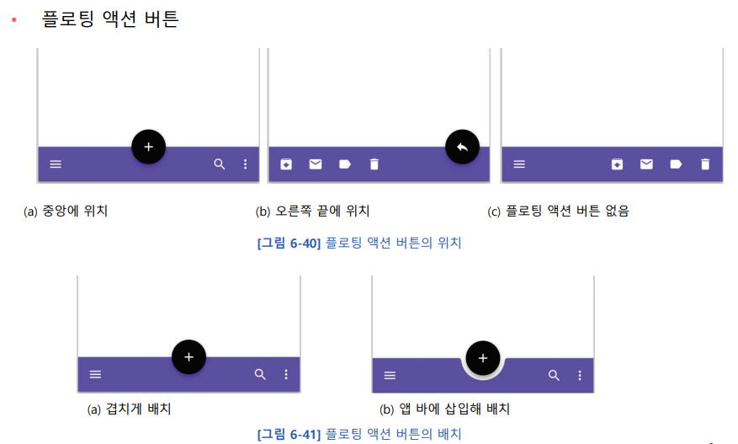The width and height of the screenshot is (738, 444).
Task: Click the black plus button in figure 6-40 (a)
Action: pos(149,147)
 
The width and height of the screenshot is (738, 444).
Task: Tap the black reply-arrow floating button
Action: pos(462,147)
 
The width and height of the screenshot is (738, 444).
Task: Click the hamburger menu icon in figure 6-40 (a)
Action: pos(56,164)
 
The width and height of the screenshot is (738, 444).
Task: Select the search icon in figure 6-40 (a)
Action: pos(220,164)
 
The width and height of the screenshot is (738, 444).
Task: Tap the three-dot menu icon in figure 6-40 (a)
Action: pos(246,164)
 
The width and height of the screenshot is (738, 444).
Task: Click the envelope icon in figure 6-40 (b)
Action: pos(316,164)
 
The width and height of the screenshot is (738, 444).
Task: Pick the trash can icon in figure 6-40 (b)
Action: pos(374,164)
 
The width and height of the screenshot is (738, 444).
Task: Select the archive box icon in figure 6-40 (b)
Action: pos(286,164)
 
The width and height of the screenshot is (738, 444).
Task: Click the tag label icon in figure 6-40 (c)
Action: pos(676,164)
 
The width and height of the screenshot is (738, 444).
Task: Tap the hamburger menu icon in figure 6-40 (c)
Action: pos(519,164)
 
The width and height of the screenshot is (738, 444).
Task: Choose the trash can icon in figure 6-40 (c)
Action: pos(705,164)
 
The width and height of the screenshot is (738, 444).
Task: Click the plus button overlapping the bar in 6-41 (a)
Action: pos(188,357)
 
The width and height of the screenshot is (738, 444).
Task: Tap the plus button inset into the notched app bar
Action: pos(483,358)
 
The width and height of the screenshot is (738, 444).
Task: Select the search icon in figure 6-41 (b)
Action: pos(554,376)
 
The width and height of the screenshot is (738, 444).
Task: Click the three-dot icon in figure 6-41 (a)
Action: pos(286,374)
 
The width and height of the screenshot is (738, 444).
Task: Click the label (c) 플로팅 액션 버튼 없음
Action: pos(559,211)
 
